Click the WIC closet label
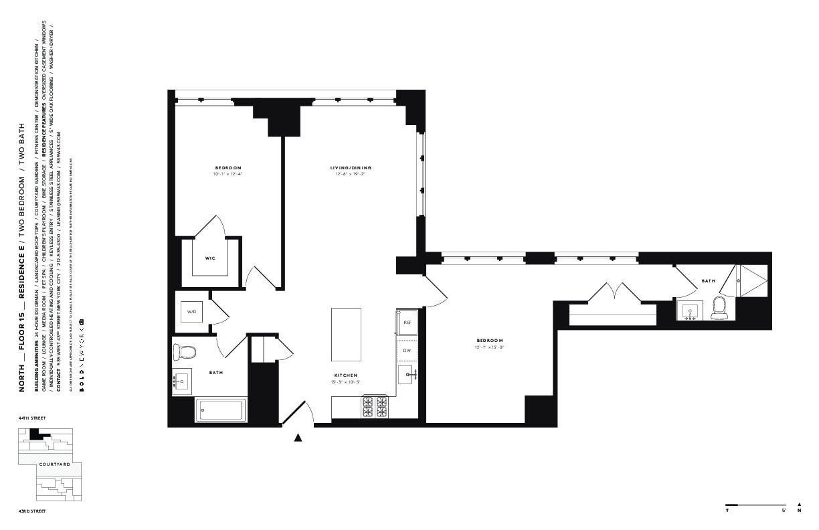[209, 256]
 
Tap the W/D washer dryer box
[192, 312]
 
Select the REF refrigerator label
[407, 322]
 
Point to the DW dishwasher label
[407, 350]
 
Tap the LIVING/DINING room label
[350, 167]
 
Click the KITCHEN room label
[346, 375]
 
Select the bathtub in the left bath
[221, 410]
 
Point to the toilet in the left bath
[184, 352]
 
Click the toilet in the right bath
[720, 308]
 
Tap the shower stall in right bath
[753, 280]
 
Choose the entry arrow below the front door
[298, 438]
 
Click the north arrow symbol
[799, 505]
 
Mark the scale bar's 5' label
[784, 511]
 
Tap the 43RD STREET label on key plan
[32, 511]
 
